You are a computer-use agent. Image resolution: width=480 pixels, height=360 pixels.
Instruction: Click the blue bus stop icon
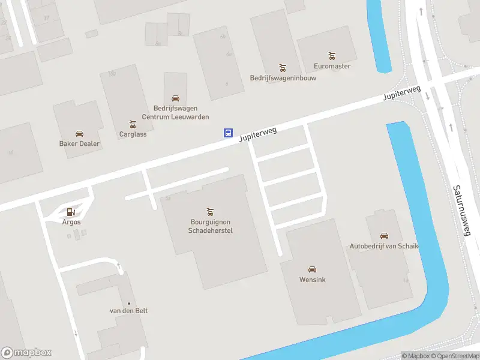pyautogui.click(x=228, y=133)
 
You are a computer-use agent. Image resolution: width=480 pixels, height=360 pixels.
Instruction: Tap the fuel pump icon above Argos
pyautogui.click(x=71, y=211)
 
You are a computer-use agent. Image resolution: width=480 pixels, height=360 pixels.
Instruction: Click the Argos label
pyautogui.click(x=71, y=222)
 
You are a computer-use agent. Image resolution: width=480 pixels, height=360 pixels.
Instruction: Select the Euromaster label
pyautogui.click(x=332, y=66)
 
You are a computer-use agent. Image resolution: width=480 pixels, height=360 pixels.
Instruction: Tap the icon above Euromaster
pyautogui.click(x=332, y=55)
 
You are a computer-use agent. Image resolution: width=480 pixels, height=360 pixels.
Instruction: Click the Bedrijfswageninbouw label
pyautogui.click(x=283, y=78)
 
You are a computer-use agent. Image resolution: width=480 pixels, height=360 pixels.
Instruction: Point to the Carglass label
pyautogui.click(x=133, y=134)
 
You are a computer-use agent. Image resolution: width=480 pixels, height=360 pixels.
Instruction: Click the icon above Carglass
pyautogui.click(x=133, y=124)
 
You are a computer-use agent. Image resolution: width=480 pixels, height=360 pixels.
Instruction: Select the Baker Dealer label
pyautogui.click(x=79, y=144)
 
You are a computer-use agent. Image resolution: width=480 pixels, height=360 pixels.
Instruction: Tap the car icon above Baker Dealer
pyautogui.click(x=79, y=133)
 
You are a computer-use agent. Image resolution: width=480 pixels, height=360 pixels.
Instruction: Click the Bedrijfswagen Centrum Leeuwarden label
pyautogui.click(x=175, y=113)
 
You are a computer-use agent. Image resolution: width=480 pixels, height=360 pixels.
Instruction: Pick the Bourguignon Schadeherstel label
pyautogui.click(x=210, y=226)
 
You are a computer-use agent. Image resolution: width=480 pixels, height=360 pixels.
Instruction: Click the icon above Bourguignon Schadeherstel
pyautogui.click(x=210, y=211)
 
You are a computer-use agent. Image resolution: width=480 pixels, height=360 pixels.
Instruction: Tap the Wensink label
pyautogui.click(x=312, y=280)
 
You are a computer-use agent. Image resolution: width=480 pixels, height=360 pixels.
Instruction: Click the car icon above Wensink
pyautogui.click(x=312, y=269)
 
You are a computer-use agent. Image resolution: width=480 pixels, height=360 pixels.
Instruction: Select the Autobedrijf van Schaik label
pyautogui.click(x=384, y=247)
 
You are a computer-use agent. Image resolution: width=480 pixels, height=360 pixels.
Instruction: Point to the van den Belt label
pyautogui.click(x=128, y=311)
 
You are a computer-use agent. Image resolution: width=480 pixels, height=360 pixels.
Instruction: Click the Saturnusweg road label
pyautogui.click(x=461, y=210)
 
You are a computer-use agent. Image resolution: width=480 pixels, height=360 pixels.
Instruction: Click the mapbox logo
pyautogui.click(x=26, y=353)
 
